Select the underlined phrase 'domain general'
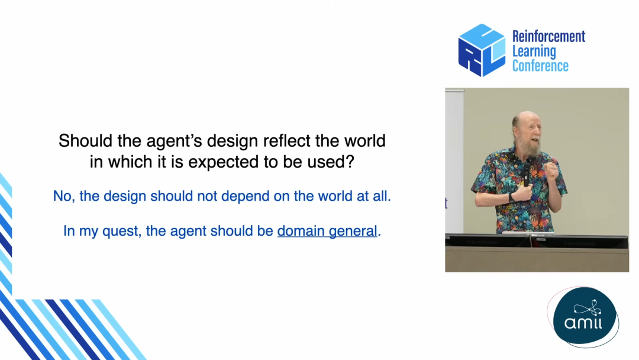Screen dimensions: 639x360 [327, 231]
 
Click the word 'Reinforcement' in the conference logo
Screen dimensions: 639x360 [548, 36]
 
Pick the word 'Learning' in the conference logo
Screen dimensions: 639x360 [534, 52]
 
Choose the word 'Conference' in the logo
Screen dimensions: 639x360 [540, 66]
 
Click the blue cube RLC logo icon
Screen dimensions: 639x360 [482, 50]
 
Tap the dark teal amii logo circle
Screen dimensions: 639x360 [585, 317]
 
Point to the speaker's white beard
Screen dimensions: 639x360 [528, 147]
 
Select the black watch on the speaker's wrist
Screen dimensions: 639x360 [511, 198]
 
